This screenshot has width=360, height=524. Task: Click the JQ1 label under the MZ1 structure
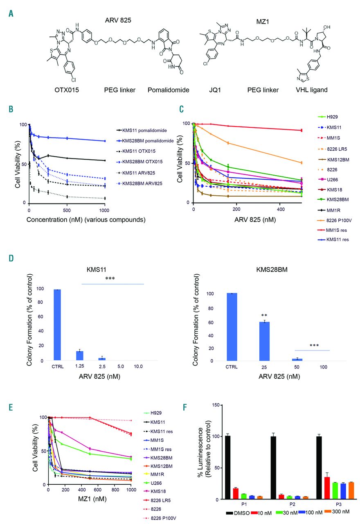[x=220, y=90]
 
